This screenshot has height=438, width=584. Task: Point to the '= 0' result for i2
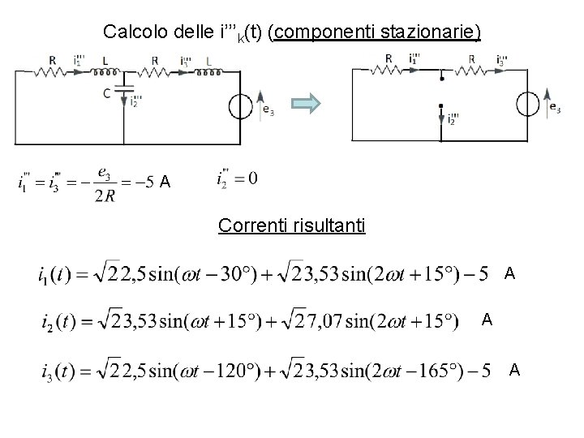click(247, 178)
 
